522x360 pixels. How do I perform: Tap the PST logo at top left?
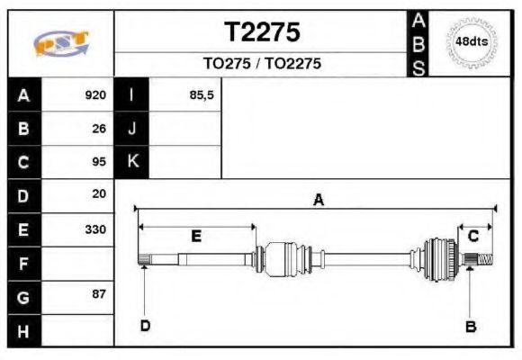(x=61, y=42)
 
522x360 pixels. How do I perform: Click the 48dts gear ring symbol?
(x=472, y=42)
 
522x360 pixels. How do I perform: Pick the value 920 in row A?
(x=95, y=94)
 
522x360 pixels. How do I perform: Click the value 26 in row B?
(x=99, y=128)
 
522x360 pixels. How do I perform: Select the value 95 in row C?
(x=99, y=162)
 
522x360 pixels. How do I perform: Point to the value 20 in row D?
(x=99, y=193)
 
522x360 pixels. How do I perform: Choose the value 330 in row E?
(x=95, y=229)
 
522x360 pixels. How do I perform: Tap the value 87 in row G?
(x=99, y=294)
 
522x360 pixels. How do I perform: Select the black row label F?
(x=23, y=263)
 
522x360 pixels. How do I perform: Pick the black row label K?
(x=132, y=162)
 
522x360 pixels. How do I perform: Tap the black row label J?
(x=132, y=128)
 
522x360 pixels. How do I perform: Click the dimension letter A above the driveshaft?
(x=318, y=201)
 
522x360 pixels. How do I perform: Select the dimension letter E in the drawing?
(x=196, y=237)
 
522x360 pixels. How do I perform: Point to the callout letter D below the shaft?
(x=145, y=325)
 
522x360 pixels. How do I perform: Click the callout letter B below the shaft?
(x=470, y=326)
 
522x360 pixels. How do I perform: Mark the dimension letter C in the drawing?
(x=473, y=236)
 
